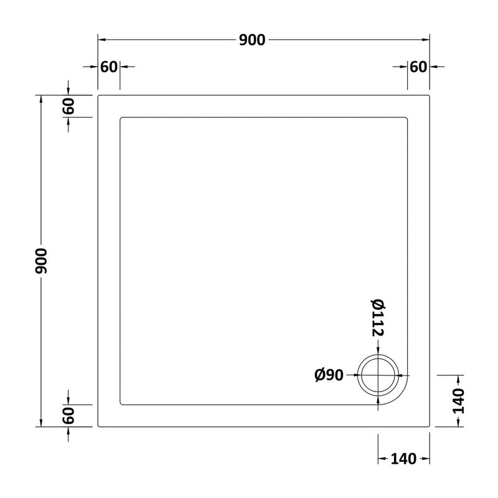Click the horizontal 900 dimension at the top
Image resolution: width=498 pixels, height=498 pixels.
[x=252, y=40]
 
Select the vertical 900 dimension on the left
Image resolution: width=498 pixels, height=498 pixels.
[x=41, y=261]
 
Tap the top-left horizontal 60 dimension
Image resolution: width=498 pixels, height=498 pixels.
[x=109, y=67]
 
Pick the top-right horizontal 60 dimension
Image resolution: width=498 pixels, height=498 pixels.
[x=418, y=67]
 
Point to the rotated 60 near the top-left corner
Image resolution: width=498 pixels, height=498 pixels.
[x=68, y=106]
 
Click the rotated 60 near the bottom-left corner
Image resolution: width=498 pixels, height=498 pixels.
[x=68, y=416]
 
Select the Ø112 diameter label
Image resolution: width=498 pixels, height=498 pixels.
[x=378, y=317]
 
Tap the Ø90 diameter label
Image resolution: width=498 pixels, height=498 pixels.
[x=329, y=375]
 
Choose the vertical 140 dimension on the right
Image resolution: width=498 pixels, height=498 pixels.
[x=458, y=401]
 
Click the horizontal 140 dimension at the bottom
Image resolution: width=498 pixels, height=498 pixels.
[x=403, y=459]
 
